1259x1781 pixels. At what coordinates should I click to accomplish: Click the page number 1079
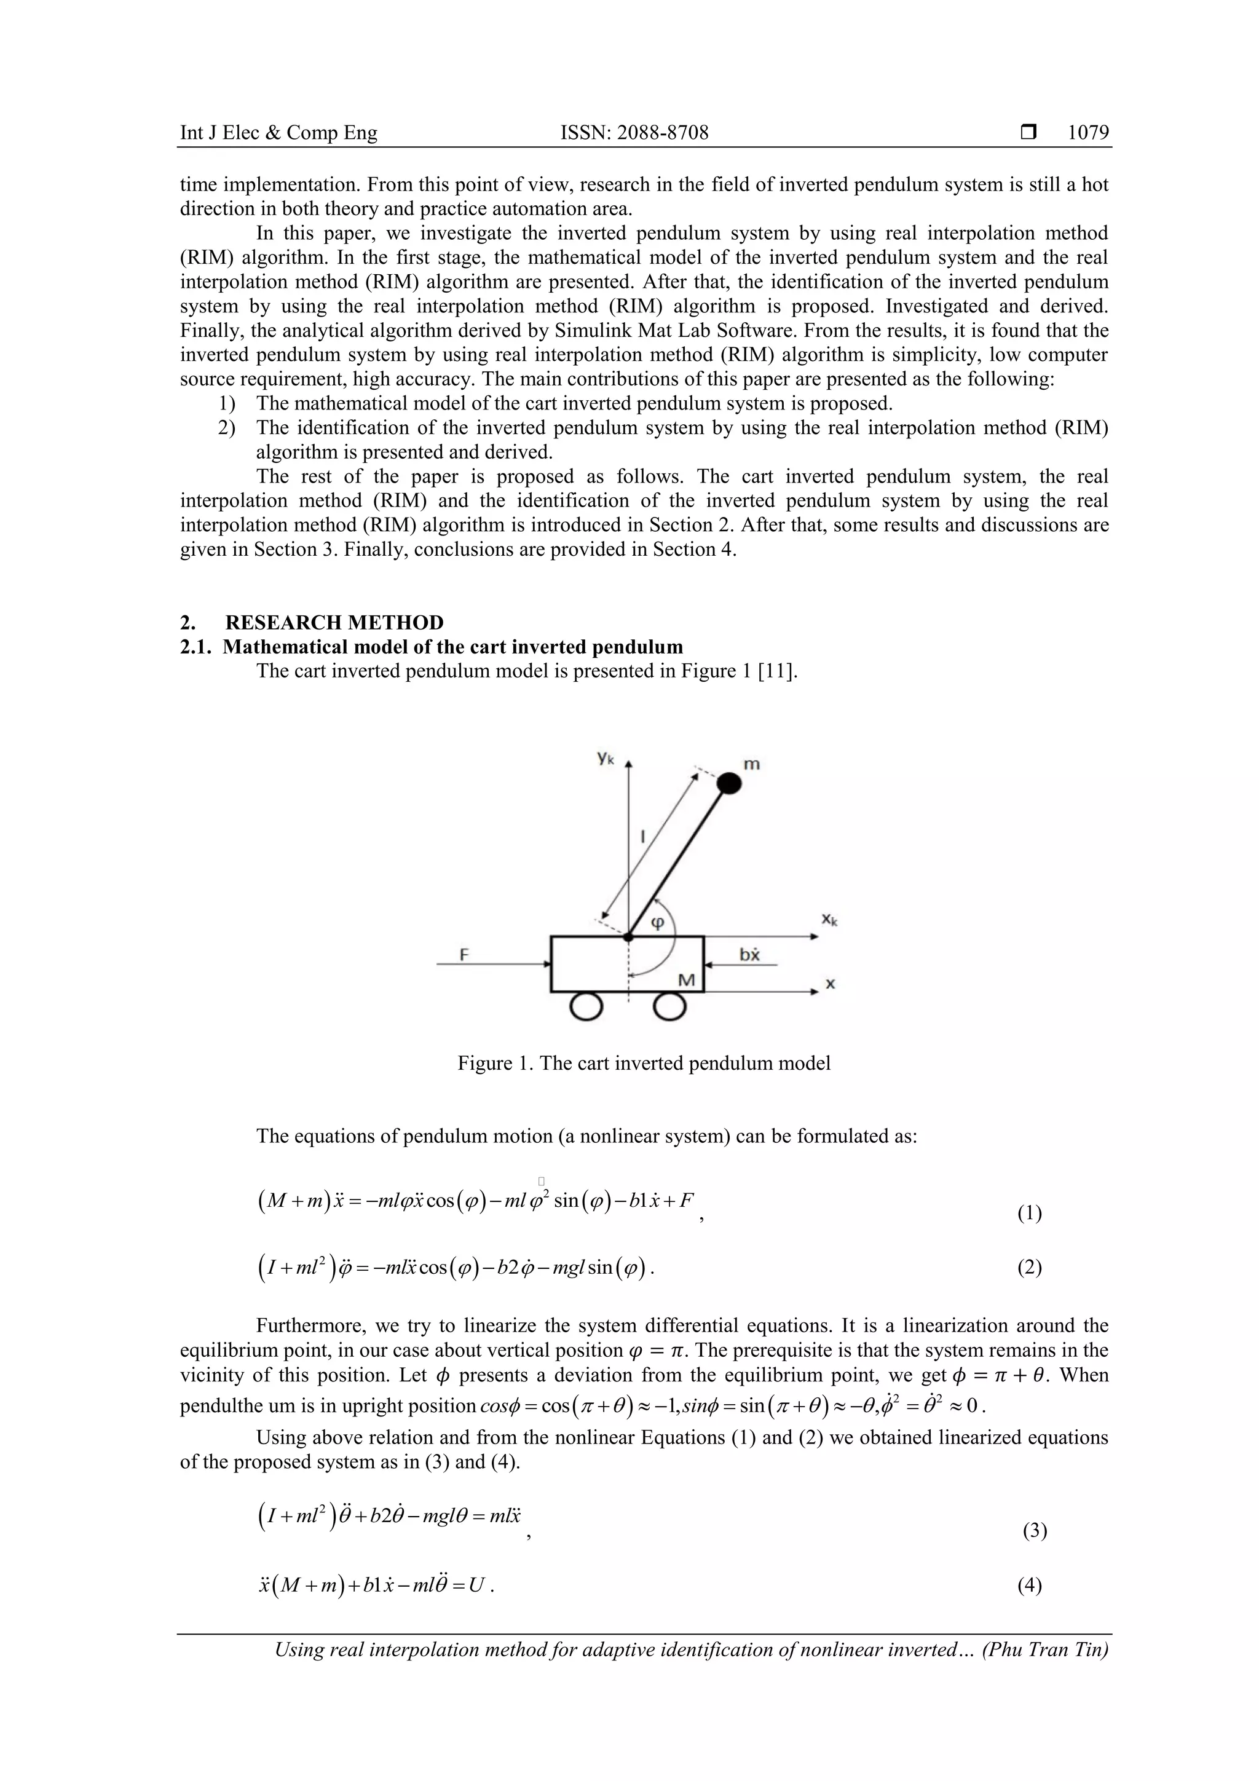coord(1087,133)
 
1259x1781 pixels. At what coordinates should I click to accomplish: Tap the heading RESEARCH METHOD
coord(334,623)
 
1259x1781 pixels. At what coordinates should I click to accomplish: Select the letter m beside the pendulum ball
coord(752,764)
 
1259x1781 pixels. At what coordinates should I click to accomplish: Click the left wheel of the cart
coord(586,1007)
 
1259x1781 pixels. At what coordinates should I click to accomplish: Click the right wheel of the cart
coord(669,1007)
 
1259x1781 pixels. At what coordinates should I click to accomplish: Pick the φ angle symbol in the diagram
coord(657,923)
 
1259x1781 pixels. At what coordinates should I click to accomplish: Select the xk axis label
coord(830,920)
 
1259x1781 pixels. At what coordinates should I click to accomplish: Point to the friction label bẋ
coord(749,954)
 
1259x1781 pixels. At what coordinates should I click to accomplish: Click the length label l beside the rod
coord(643,836)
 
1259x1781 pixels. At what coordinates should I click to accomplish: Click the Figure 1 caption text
coord(644,1064)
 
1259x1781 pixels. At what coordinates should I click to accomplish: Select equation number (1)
coord(1029,1213)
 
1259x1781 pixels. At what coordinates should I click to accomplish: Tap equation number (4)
coord(1029,1586)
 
